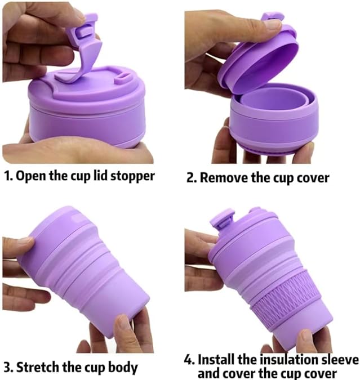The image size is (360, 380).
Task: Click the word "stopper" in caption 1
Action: pos(132,176)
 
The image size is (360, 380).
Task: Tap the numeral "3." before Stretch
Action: pos(9,367)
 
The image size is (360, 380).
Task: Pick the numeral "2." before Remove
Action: pos(192,178)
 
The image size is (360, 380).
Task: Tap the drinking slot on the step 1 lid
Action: pos(122,78)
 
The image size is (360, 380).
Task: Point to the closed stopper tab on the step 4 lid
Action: pos(222,221)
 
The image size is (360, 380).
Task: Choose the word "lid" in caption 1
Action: pos(100,175)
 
